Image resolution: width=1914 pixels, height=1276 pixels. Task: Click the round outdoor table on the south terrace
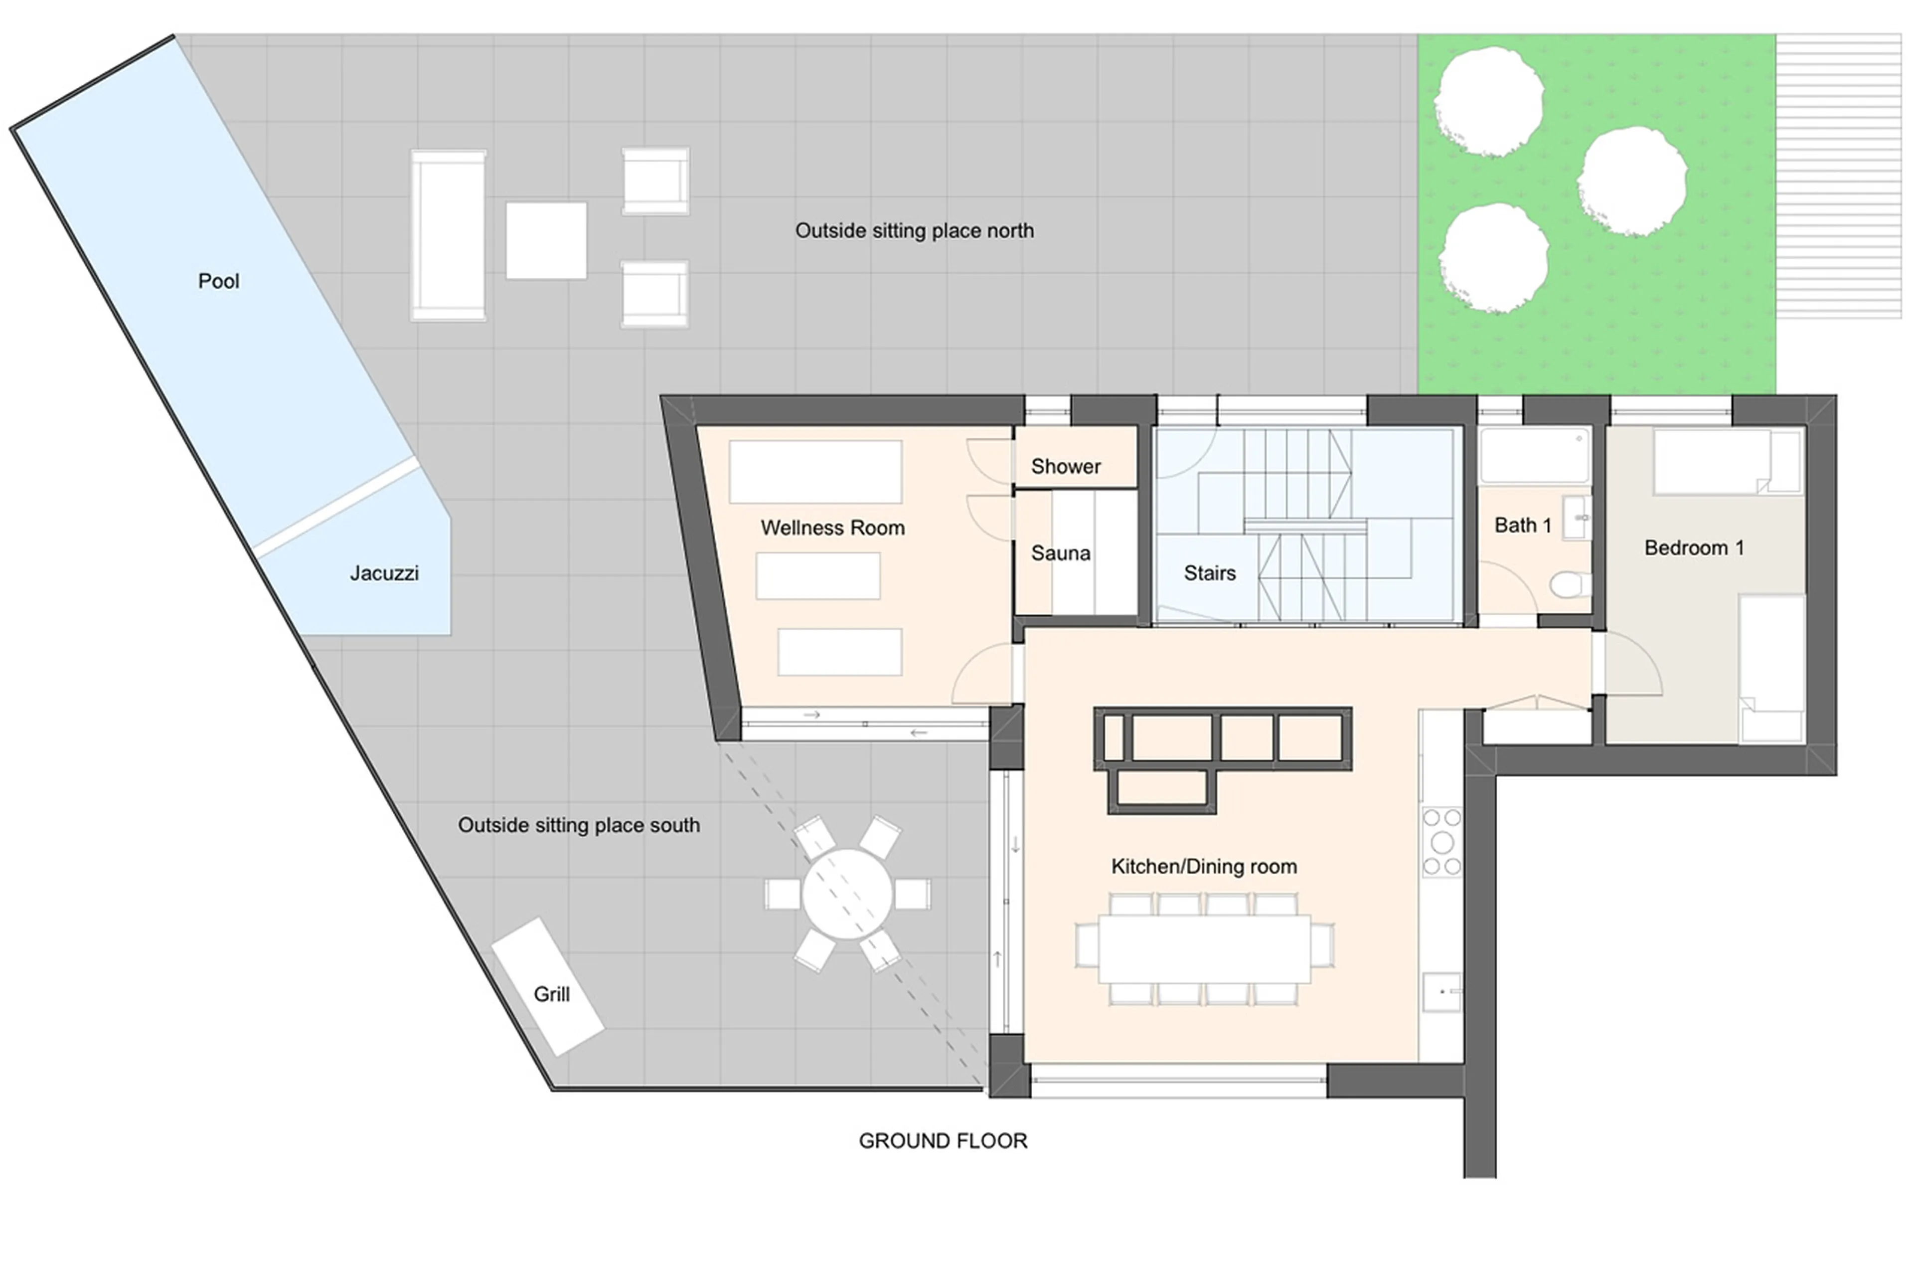tap(847, 894)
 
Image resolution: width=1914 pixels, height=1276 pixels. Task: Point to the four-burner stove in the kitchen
tap(1441, 842)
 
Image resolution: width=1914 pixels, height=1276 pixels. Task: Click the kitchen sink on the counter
tap(1442, 992)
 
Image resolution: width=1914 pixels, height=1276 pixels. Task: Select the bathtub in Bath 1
tap(1534, 456)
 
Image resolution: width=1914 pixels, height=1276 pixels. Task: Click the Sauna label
tap(1060, 553)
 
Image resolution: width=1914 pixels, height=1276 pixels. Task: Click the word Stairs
tap(1209, 573)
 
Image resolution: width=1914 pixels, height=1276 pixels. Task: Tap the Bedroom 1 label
tap(1694, 547)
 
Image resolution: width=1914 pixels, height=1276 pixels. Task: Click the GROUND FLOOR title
tap(943, 1141)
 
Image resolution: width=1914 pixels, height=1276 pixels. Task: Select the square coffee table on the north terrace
tap(546, 241)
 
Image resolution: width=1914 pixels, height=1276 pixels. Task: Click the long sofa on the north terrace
tap(448, 235)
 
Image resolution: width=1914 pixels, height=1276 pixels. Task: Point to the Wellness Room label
tap(832, 528)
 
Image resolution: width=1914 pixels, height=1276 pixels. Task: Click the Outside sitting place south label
tap(578, 825)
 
